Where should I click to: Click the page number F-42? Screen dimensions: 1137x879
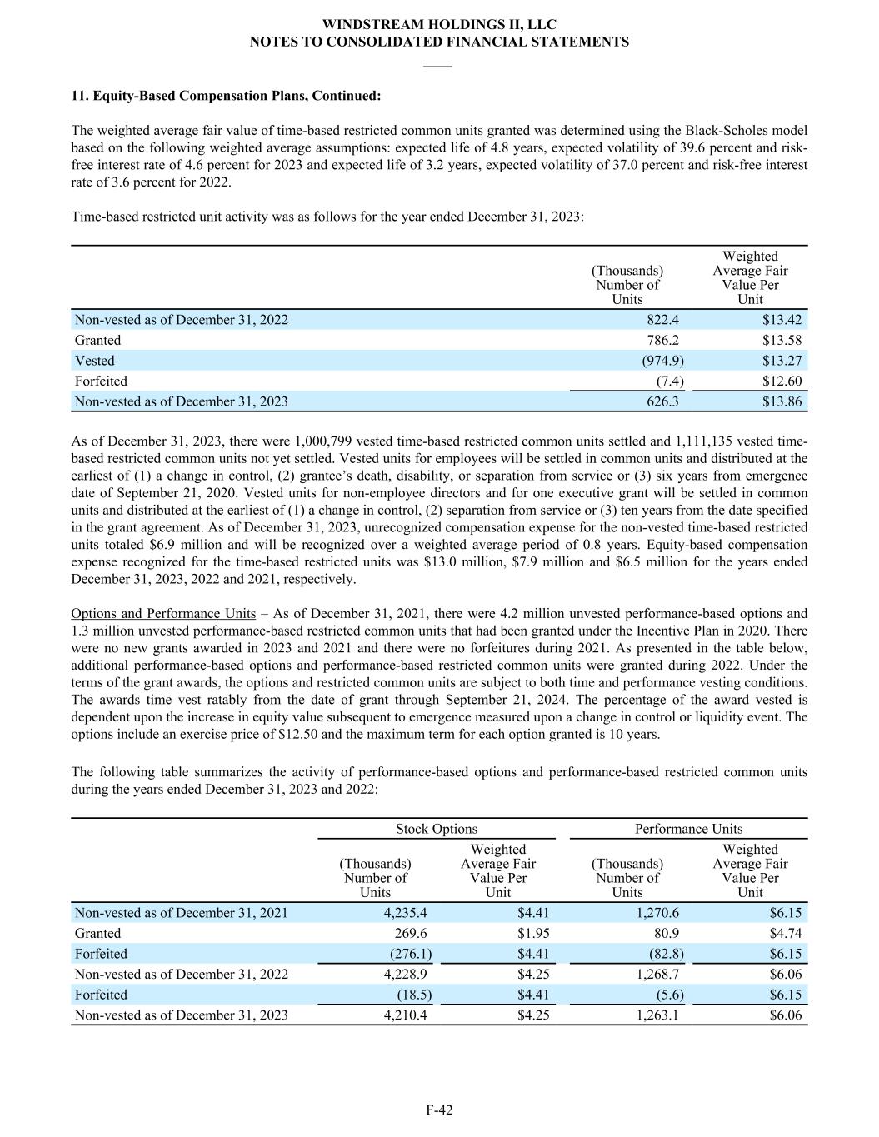coord(439,1110)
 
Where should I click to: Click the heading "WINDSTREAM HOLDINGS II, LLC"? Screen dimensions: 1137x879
coord(439,25)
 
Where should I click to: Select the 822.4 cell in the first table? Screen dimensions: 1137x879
coord(662,320)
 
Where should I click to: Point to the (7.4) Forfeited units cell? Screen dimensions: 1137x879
coord(670,381)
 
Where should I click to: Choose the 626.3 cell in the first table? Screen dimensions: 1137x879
coord(662,401)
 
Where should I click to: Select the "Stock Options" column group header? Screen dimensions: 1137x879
coord(437,829)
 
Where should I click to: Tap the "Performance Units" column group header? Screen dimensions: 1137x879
coord(688,829)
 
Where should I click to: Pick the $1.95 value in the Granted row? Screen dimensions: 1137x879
coord(533,933)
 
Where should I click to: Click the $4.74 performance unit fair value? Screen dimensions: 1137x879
coord(786,933)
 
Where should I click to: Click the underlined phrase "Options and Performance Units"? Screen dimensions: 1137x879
coord(163,613)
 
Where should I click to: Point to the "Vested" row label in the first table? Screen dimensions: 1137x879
coord(95,361)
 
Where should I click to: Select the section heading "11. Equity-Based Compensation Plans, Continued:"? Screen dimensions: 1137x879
coord(226,96)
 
